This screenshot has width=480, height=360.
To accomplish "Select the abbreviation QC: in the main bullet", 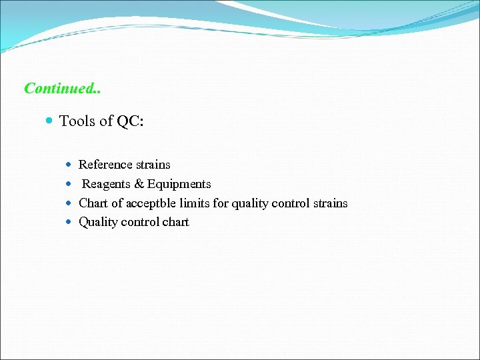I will pyautogui.click(x=131, y=121).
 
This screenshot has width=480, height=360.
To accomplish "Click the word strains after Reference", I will pyautogui.click(x=153, y=165).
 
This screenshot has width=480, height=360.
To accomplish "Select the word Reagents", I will pyautogui.click(x=107, y=184).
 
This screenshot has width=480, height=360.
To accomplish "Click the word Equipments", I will pyautogui.click(x=179, y=184).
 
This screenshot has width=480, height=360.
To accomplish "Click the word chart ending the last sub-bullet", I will pyautogui.click(x=175, y=222).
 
